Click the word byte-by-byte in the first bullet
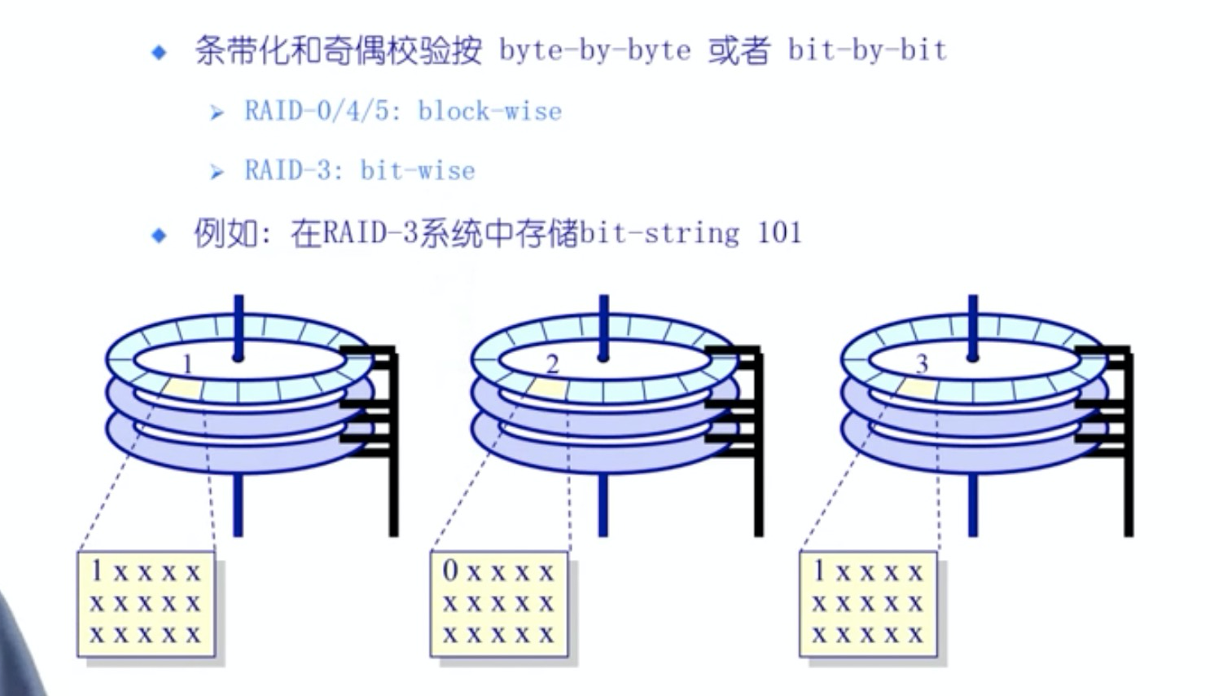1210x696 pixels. [594, 51]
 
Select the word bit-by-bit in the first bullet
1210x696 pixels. [866, 51]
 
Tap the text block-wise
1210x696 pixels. [489, 111]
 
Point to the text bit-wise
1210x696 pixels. [417, 170]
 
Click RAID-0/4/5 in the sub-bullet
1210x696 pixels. [317, 111]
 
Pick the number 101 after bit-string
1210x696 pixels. [779, 233]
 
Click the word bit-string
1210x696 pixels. [660, 234]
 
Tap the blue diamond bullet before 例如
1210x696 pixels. [159, 236]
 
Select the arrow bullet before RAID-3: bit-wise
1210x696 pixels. [216, 172]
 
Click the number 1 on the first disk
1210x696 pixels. [188, 363]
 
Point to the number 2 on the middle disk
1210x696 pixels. [552, 363]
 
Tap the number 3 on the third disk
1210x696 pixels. [921, 363]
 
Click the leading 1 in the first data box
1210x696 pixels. [97, 570]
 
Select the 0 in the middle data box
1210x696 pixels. [450, 570]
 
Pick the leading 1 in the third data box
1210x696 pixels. [819, 570]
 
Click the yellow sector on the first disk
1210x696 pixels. [183, 388]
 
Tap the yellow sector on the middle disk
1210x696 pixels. [549, 389]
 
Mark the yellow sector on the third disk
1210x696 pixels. [918, 389]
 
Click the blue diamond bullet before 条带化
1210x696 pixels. [159, 53]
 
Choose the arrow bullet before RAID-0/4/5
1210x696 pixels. [216, 112]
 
